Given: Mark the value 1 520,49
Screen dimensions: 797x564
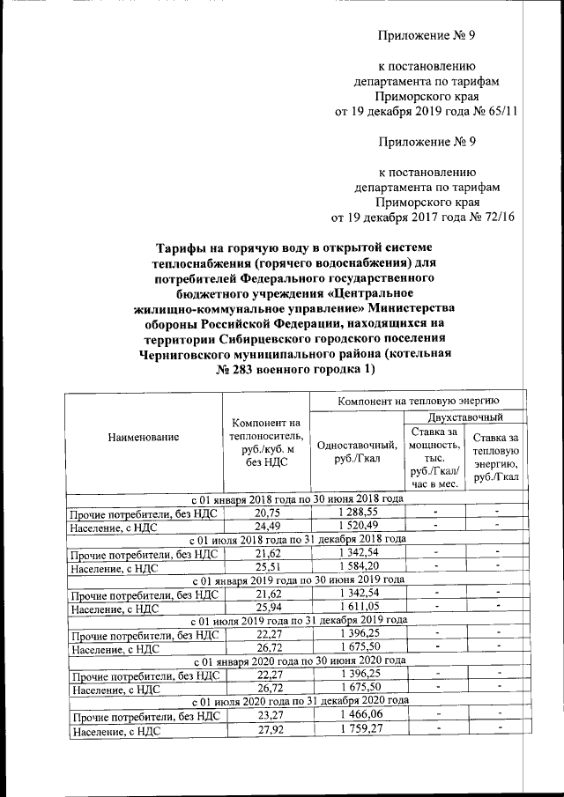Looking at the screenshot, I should coord(357,526).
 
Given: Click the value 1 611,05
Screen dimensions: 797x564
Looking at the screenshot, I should coord(357,607).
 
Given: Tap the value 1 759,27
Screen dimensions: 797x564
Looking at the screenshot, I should coord(357,730).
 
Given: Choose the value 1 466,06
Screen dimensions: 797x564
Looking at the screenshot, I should coord(357,715).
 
